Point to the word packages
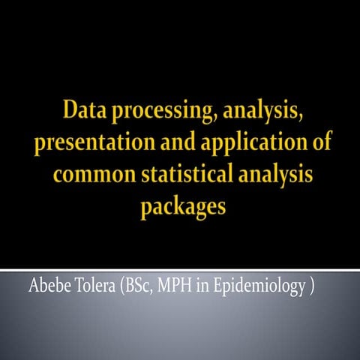click(182, 206)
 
